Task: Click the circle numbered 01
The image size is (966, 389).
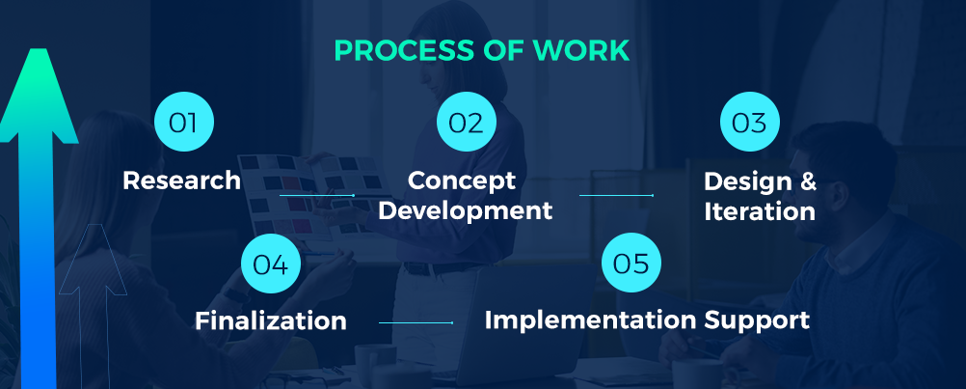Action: [183, 122]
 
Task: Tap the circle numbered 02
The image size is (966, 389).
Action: [467, 122]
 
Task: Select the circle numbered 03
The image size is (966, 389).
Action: [750, 122]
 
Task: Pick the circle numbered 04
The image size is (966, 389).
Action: [271, 264]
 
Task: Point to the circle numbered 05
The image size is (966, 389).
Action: [631, 262]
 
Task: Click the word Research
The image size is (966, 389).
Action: [182, 181]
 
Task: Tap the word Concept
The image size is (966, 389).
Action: [462, 181]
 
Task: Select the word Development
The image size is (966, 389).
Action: [465, 211]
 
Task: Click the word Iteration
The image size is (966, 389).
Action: [760, 211]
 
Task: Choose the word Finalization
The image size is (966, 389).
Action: [271, 320]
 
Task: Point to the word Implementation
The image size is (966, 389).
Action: [590, 320]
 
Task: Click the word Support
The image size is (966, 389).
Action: [757, 321]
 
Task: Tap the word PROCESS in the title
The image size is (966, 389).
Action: [408, 50]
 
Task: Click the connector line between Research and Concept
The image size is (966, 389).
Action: [316, 195]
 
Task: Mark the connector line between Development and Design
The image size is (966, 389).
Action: [616, 195]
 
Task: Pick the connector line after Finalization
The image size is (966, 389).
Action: [416, 322]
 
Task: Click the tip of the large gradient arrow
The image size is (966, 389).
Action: [39, 48]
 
